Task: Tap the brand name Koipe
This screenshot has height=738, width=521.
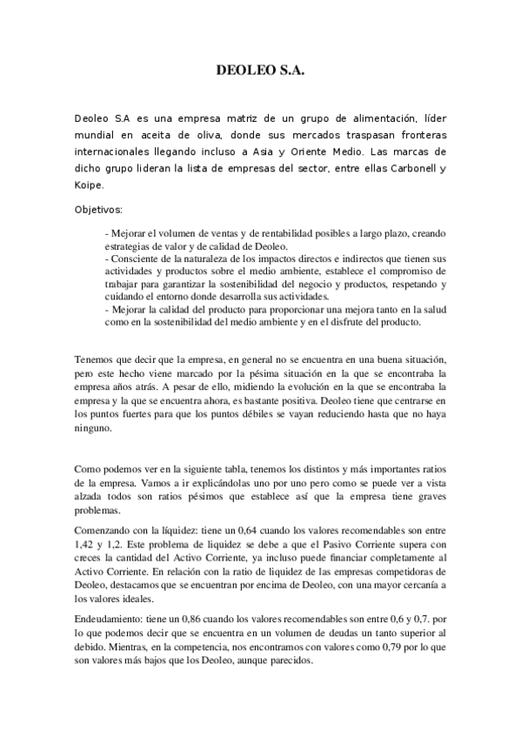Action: coord(90,185)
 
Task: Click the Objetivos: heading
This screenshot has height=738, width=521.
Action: coord(99,210)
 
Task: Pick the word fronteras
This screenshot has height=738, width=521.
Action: coord(417,135)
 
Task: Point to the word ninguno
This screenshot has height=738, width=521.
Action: coord(94,428)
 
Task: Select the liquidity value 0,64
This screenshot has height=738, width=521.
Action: coord(235,528)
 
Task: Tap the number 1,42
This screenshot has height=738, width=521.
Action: coord(87,541)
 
